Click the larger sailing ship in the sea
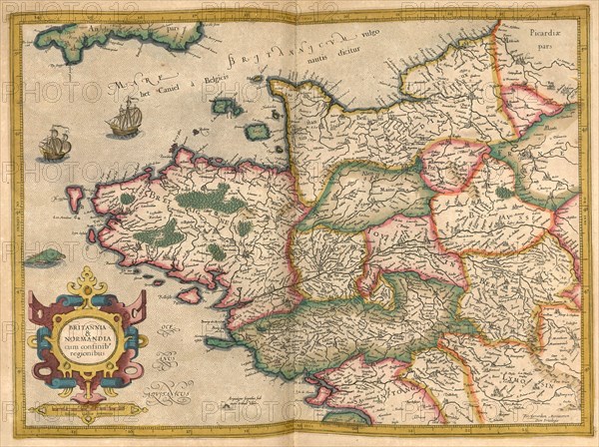(125, 118)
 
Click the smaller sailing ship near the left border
(55, 145)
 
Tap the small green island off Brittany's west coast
(44, 257)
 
